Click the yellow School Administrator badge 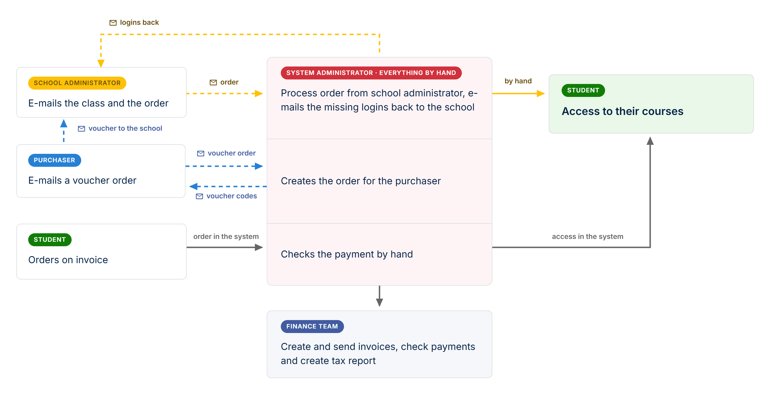pyautogui.click(x=77, y=83)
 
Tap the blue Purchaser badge pyautogui.click(x=54, y=160)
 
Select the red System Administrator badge pyautogui.click(x=371, y=73)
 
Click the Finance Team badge pyautogui.click(x=312, y=326)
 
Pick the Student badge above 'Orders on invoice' pyautogui.click(x=50, y=240)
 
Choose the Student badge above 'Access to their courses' pyautogui.click(x=583, y=90)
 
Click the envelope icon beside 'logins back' pyautogui.click(x=113, y=23)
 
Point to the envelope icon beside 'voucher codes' pyautogui.click(x=199, y=196)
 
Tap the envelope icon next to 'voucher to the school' pyautogui.click(x=81, y=129)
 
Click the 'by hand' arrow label pyautogui.click(x=518, y=81)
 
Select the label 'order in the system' pyautogui.click(x=226, y=237)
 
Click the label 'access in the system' pyautogui.click(x=587, y=237)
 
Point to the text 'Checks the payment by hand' pyautogui.click(x=347, y=254)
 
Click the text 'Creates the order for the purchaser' pyautogui.click(x=361, y=181)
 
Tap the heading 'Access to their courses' pyautogui.click(x=622, y=111)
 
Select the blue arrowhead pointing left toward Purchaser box pyautogui.click(x=193, y=187)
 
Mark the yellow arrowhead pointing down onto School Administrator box pyautogui.click(x=101, y=63)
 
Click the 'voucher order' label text pyautogui.click(x=232, y=153)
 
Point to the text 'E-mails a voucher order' pyautogui.click(x=82, y=181)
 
